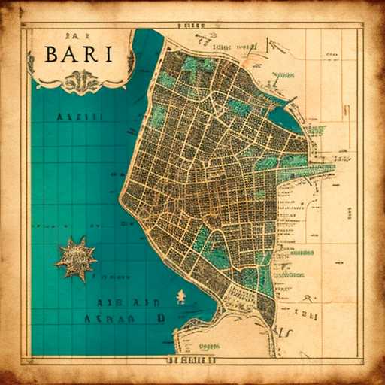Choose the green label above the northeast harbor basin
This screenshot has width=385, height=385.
(x=283, y=75)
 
